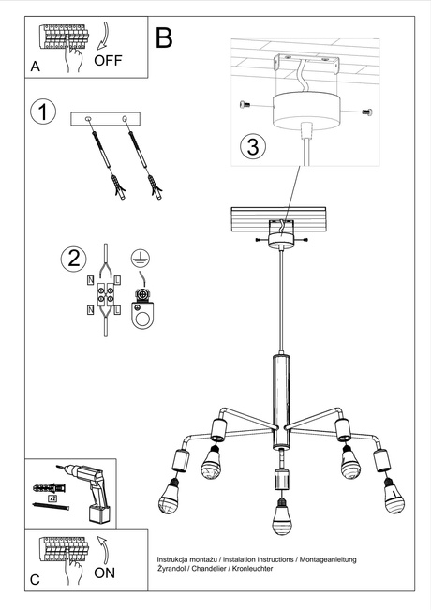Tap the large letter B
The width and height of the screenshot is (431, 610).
pyautogui.click(x=164, y=38)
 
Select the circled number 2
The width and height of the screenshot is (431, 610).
pyautogui.click(x=72, y=258)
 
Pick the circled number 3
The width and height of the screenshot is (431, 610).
pyautogui.click(x=251, y=146)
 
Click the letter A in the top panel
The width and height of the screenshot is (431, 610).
pyautogui.click(x=35, y=67)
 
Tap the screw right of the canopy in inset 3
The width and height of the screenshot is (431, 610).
pyautogui.click(x=364, y=112)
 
